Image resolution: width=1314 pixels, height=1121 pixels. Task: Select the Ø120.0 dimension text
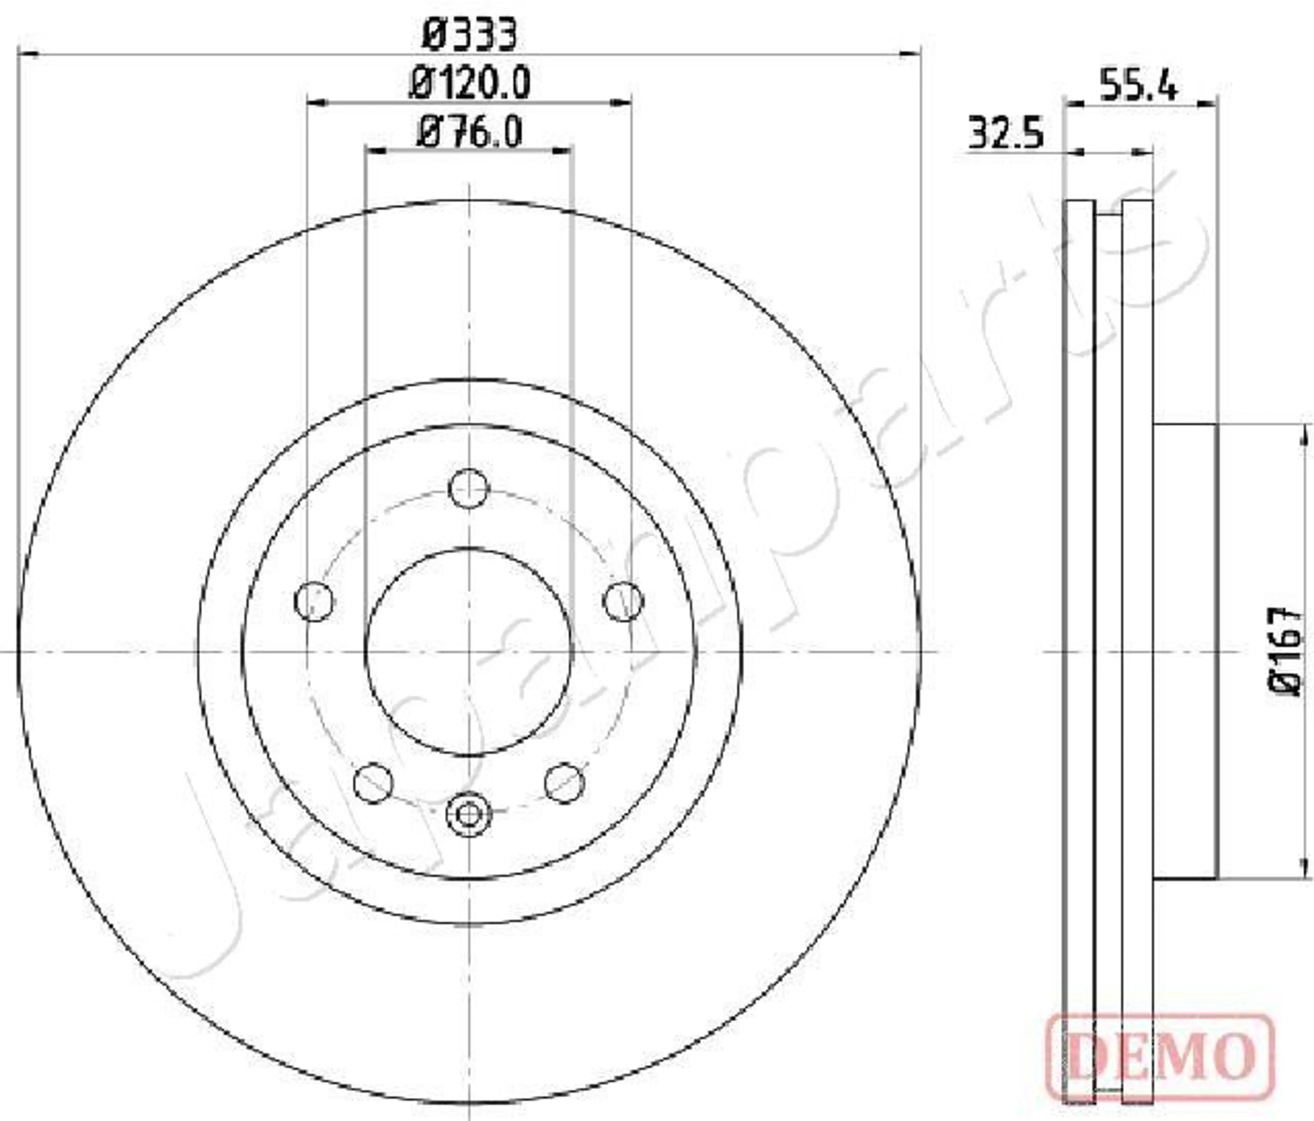pyautogui.click(x=470, y=83)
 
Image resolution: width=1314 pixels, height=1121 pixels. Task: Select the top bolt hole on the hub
pyautogui.click(x=469, y=488)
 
